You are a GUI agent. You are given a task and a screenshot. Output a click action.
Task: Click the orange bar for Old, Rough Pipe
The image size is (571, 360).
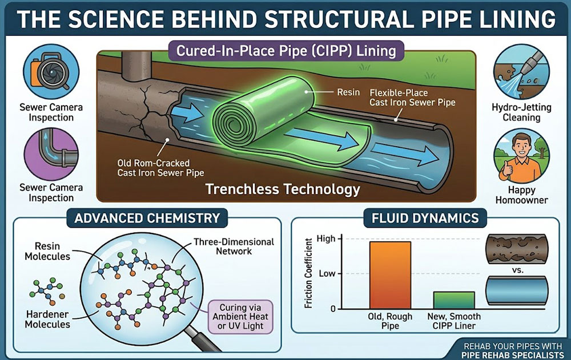pos(390,274)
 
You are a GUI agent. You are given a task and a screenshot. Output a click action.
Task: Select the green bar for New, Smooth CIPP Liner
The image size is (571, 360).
pos(453,300)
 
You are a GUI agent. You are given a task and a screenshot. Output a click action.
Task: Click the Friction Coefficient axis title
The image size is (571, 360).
pos(309,274)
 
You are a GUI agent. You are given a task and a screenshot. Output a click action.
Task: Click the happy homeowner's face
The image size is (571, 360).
pos(516,150)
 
